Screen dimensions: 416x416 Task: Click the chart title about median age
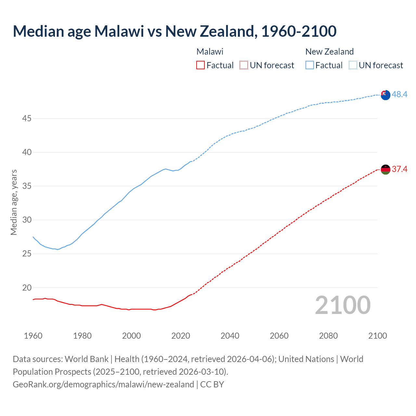click(x=175, y=31)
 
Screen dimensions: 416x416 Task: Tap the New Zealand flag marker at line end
click(x=385, y=95)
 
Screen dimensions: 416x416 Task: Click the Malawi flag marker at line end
click(x=385, y=170)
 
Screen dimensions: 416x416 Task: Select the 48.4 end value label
click(x=399, y=94)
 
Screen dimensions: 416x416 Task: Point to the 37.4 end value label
click(x=399, y=169)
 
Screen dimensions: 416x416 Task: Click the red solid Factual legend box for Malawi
click(x=201, y=65)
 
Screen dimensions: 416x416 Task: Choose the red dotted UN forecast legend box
click(x=244, y=65)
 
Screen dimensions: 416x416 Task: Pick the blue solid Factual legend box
click(x=310, y=65)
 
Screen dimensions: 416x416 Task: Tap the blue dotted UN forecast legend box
click(x=353, y=65)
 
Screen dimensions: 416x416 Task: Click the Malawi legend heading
click(x=210, y=52)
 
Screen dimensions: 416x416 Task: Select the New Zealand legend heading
click(x=330, y=52)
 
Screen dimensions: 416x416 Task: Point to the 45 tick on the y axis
click(x=27, y=119)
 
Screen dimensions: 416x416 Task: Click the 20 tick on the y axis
click(x=27, y=288)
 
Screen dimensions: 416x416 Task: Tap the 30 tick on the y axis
click(x=27, y=220)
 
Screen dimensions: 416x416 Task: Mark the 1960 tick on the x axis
click(x=33, y=336)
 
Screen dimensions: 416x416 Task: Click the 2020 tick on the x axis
click(x=181, y=336)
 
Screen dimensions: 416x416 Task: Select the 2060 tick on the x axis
click(x=279, y=336)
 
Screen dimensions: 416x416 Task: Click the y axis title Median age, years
click(x=14, y=202)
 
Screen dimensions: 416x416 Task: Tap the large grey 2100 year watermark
click(x=343, y=305)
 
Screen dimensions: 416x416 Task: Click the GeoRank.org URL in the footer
click(x=103, y=384)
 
